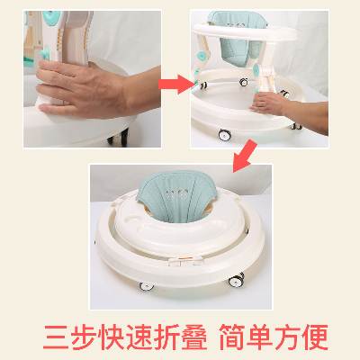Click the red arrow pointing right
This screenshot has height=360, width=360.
point(176,85)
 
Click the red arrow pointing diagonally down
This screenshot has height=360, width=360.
point(245,157)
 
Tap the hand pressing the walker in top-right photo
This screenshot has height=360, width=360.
point(267,103)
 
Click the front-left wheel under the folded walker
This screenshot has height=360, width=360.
point(147,285)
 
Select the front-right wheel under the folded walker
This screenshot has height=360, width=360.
point(236,280)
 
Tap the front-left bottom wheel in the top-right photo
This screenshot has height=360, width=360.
point(225,135)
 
